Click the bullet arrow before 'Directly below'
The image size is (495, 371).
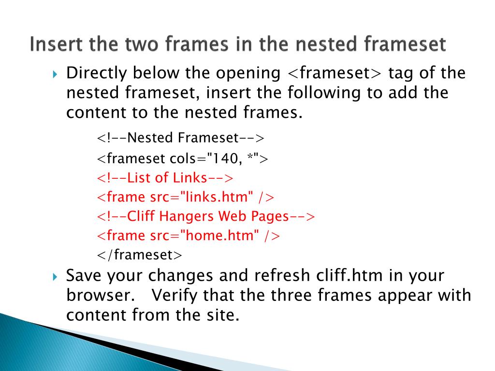coord(55,74)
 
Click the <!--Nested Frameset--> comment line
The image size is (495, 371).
coord(181,138)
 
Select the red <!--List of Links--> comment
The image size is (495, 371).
coord(165,178)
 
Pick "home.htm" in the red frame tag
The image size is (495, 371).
coord(219,236)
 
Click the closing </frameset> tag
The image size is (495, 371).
coord(139,255)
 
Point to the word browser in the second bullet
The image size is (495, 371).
coord(99,295)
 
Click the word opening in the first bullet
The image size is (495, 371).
coord(248,73)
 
